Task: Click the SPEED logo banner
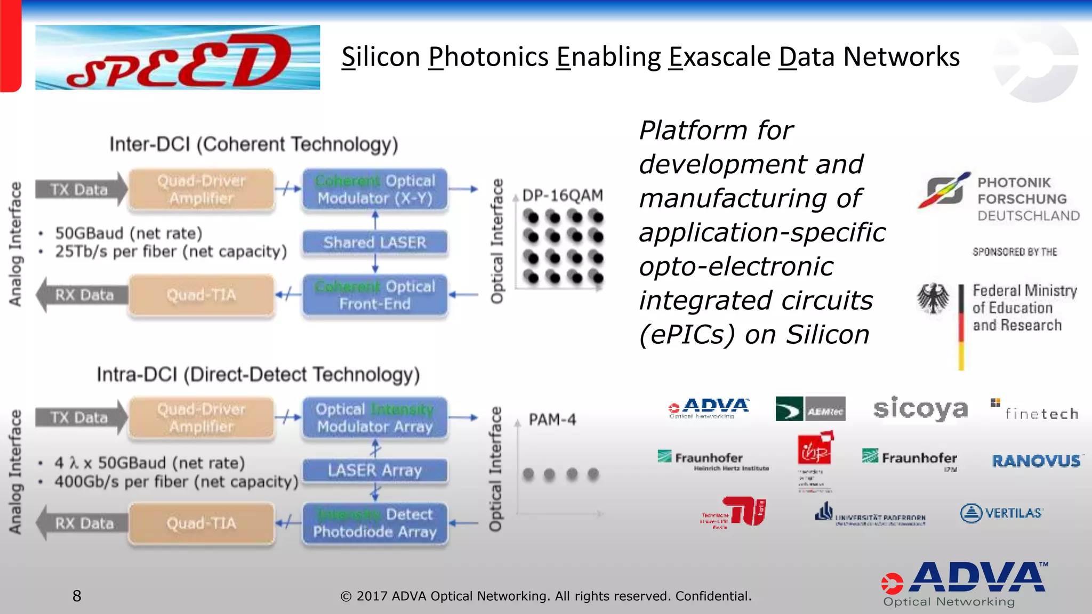(178, 58)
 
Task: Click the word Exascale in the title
(720, 57)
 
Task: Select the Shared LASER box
(375, 243)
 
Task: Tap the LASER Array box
(375, 471)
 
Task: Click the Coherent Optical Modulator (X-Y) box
(375, 190)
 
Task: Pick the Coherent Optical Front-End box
(375, 295)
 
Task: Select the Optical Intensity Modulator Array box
(375, 418)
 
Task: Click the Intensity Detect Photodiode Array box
(375, 523)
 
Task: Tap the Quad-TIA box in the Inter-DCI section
(202, 295)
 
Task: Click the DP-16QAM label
(563, 196)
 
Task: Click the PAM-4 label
(552, 420)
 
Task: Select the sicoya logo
(920, 409)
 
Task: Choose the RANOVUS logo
(1036, 461)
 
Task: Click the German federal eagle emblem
(933, 298)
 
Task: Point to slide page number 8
(77, 596)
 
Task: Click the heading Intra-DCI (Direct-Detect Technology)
(258, 375)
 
